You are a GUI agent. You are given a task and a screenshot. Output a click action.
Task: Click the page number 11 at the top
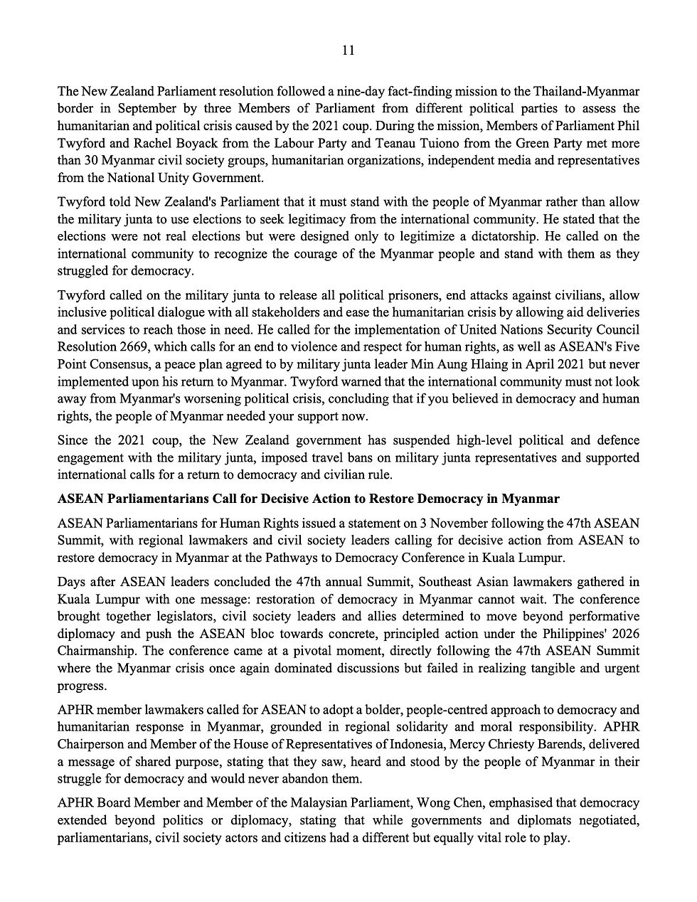coord(348,50)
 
